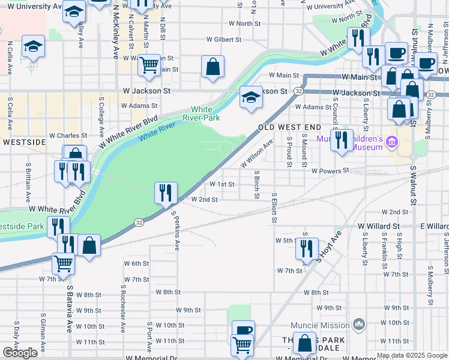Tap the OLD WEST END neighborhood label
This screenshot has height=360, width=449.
point(290,128)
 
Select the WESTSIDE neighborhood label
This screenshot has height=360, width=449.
point(23,142)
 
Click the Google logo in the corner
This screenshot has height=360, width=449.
point(20,352)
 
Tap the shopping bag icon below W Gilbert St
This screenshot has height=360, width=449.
point(212,67)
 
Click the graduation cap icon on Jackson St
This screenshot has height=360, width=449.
point(251,98)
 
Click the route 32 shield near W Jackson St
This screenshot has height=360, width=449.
point(298,91)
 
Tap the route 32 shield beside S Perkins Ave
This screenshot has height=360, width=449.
point(139,222)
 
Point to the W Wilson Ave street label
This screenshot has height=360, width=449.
point(257,154)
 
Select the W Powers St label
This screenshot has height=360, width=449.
point(330,171)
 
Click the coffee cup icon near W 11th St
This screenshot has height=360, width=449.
point(243,331)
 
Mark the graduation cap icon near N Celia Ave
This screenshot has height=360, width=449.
point(33,46)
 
